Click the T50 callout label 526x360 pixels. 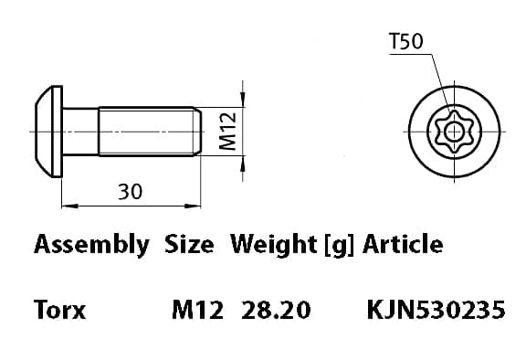[406, 41]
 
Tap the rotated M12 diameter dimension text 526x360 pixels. [227, 132]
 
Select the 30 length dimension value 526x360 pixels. [131, 192]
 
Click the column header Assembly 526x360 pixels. [91, 245]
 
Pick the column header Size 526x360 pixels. [189, 244]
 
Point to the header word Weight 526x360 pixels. [273, 245]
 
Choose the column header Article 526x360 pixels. [403, 244]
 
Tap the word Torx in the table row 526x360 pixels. [59, 310]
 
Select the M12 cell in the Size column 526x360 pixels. [197, 310]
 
